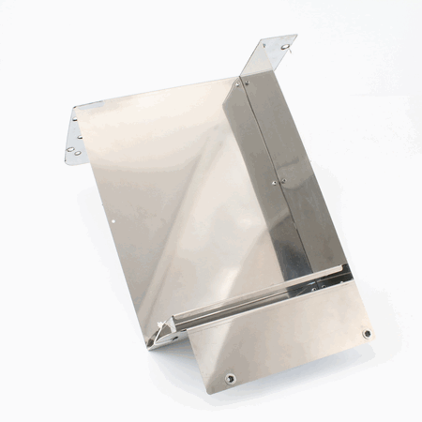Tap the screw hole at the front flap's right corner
click(367, 333)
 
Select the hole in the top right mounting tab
click(284, 46)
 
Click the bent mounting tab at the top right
click(272, 54)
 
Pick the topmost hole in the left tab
click(75, 119)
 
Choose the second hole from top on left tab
click(80, 137)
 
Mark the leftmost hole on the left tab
click(70, 149)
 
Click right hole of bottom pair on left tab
click(78, 153)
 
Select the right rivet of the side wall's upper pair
click(247, 83)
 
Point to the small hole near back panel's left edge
click(113, 221)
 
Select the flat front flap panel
click(281, 338)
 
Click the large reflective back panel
click(178, 188)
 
